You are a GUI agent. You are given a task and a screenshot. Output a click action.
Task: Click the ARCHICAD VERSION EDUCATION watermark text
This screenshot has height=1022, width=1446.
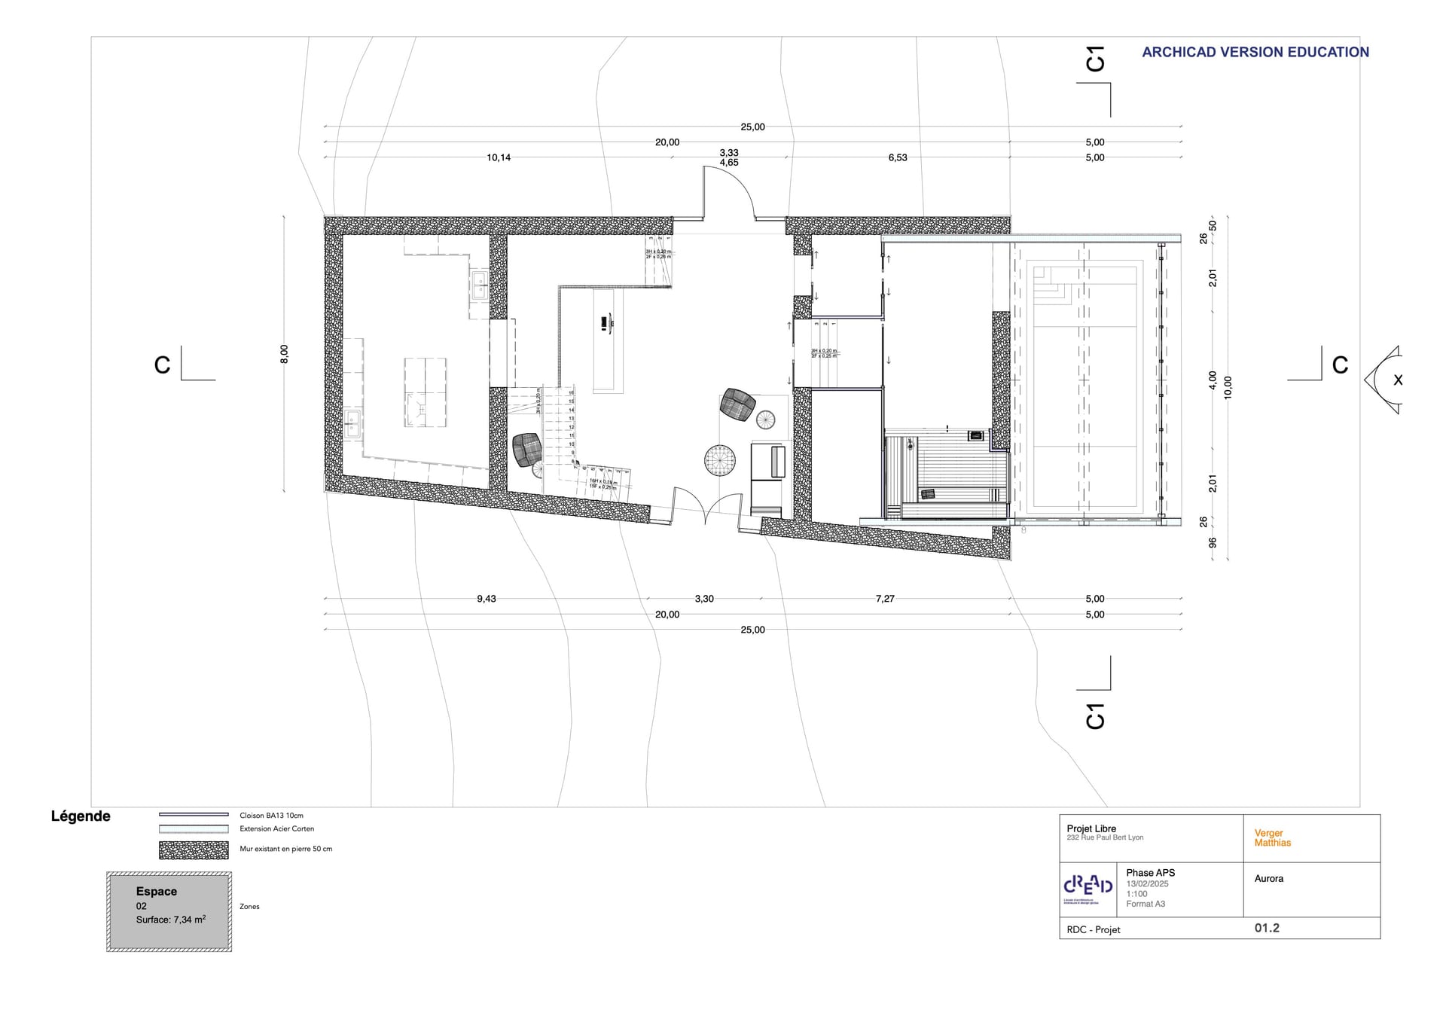(1255, 52)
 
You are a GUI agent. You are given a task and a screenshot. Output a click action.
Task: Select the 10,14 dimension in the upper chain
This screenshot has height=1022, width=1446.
(499, 157)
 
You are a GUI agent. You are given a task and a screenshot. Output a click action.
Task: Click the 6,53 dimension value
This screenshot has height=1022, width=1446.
(897, 157)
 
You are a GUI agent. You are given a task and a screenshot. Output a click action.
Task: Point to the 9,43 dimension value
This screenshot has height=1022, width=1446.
(487, 599)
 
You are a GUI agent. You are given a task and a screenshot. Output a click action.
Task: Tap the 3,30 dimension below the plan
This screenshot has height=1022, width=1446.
(704, 599)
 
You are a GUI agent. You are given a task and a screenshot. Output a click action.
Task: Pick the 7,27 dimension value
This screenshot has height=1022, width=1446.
(885, 599)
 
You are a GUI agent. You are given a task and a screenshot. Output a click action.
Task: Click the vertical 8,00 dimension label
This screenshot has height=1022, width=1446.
(284, 354)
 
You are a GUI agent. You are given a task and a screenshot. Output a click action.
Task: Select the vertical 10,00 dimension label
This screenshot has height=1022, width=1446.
(1228, 387)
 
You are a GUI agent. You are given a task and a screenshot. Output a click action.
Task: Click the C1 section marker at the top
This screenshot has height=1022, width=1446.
(1095, 59)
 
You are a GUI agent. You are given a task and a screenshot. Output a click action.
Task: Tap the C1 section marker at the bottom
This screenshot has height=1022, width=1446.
(1095, 716)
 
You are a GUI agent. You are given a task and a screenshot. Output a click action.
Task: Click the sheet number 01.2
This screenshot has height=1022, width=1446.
(1267, 928)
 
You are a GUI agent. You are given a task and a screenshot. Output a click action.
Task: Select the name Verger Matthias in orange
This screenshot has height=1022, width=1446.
(1272, 837)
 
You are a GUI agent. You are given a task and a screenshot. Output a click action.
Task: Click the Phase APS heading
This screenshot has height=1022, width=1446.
(1150, 873)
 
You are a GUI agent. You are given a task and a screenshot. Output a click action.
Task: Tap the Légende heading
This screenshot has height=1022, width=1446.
(81, 816)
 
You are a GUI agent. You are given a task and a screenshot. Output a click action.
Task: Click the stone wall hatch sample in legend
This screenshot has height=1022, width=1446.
(194, 850)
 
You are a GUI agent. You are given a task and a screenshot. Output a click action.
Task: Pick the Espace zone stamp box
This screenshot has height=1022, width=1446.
(169, 911)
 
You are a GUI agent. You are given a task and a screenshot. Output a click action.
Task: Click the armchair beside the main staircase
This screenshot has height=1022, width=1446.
(527, 450)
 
